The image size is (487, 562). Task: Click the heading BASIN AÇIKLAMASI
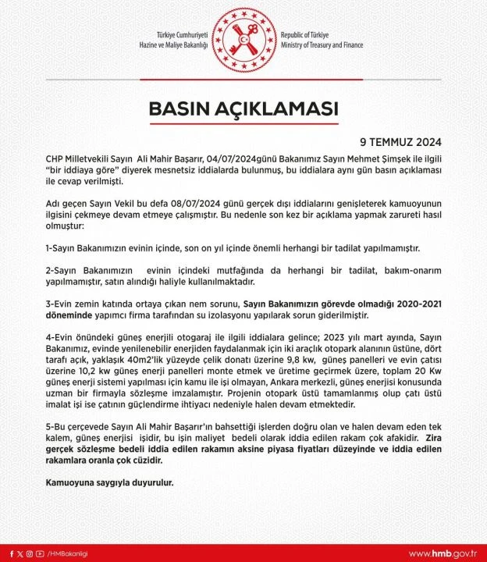244,108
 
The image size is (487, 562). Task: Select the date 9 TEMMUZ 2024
400,143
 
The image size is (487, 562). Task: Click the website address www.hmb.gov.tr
443,553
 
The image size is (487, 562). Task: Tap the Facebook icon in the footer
8,553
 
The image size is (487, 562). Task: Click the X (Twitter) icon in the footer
19,553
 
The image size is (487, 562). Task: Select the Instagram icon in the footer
30,553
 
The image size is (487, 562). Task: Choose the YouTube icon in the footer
41,553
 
